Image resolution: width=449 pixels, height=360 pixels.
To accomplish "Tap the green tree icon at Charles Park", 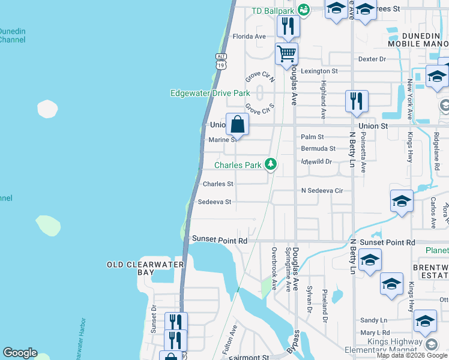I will click(x=271, y=164).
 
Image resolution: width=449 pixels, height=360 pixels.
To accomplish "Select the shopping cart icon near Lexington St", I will click(x=287, y=54).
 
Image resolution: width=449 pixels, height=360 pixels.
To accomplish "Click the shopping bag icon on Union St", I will click(x=238, y=125).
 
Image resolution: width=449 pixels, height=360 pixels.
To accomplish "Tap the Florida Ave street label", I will click(x=249, y=37).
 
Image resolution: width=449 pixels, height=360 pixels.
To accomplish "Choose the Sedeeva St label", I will click(x=214, y=202).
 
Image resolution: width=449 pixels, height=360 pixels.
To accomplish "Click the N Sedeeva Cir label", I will click(x=322, y=191).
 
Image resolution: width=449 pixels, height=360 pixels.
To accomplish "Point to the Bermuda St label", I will click(x=318, y=148).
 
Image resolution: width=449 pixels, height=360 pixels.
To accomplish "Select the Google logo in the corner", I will click(x=20, y=353).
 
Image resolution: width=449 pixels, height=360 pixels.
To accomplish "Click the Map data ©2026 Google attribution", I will click(x=412, y=355).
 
